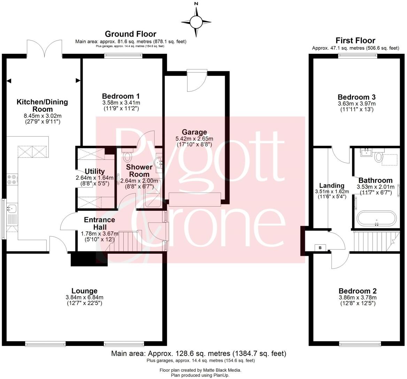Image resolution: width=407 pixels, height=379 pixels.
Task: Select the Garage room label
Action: [x=196, y=132]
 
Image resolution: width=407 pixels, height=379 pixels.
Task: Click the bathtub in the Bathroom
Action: [x=376, y=219]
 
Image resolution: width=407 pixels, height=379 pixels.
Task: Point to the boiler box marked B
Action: [x=320, y=248]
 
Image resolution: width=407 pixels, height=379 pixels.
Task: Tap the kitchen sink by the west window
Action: [x=11, y=209]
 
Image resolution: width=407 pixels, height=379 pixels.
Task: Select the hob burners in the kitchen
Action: [x=11, y=179]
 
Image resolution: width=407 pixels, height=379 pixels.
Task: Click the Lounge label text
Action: [x=84, y=291]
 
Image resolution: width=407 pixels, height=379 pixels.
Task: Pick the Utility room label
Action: [x=95, y=171]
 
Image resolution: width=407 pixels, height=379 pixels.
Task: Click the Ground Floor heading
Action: [x=130, y=34]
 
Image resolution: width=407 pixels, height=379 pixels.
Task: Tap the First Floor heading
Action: [x=355, y=40]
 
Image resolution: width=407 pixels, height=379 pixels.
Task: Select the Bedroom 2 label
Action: [x=358, y=291]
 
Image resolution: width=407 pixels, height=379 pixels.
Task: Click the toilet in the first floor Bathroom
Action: [x=378, y=157]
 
